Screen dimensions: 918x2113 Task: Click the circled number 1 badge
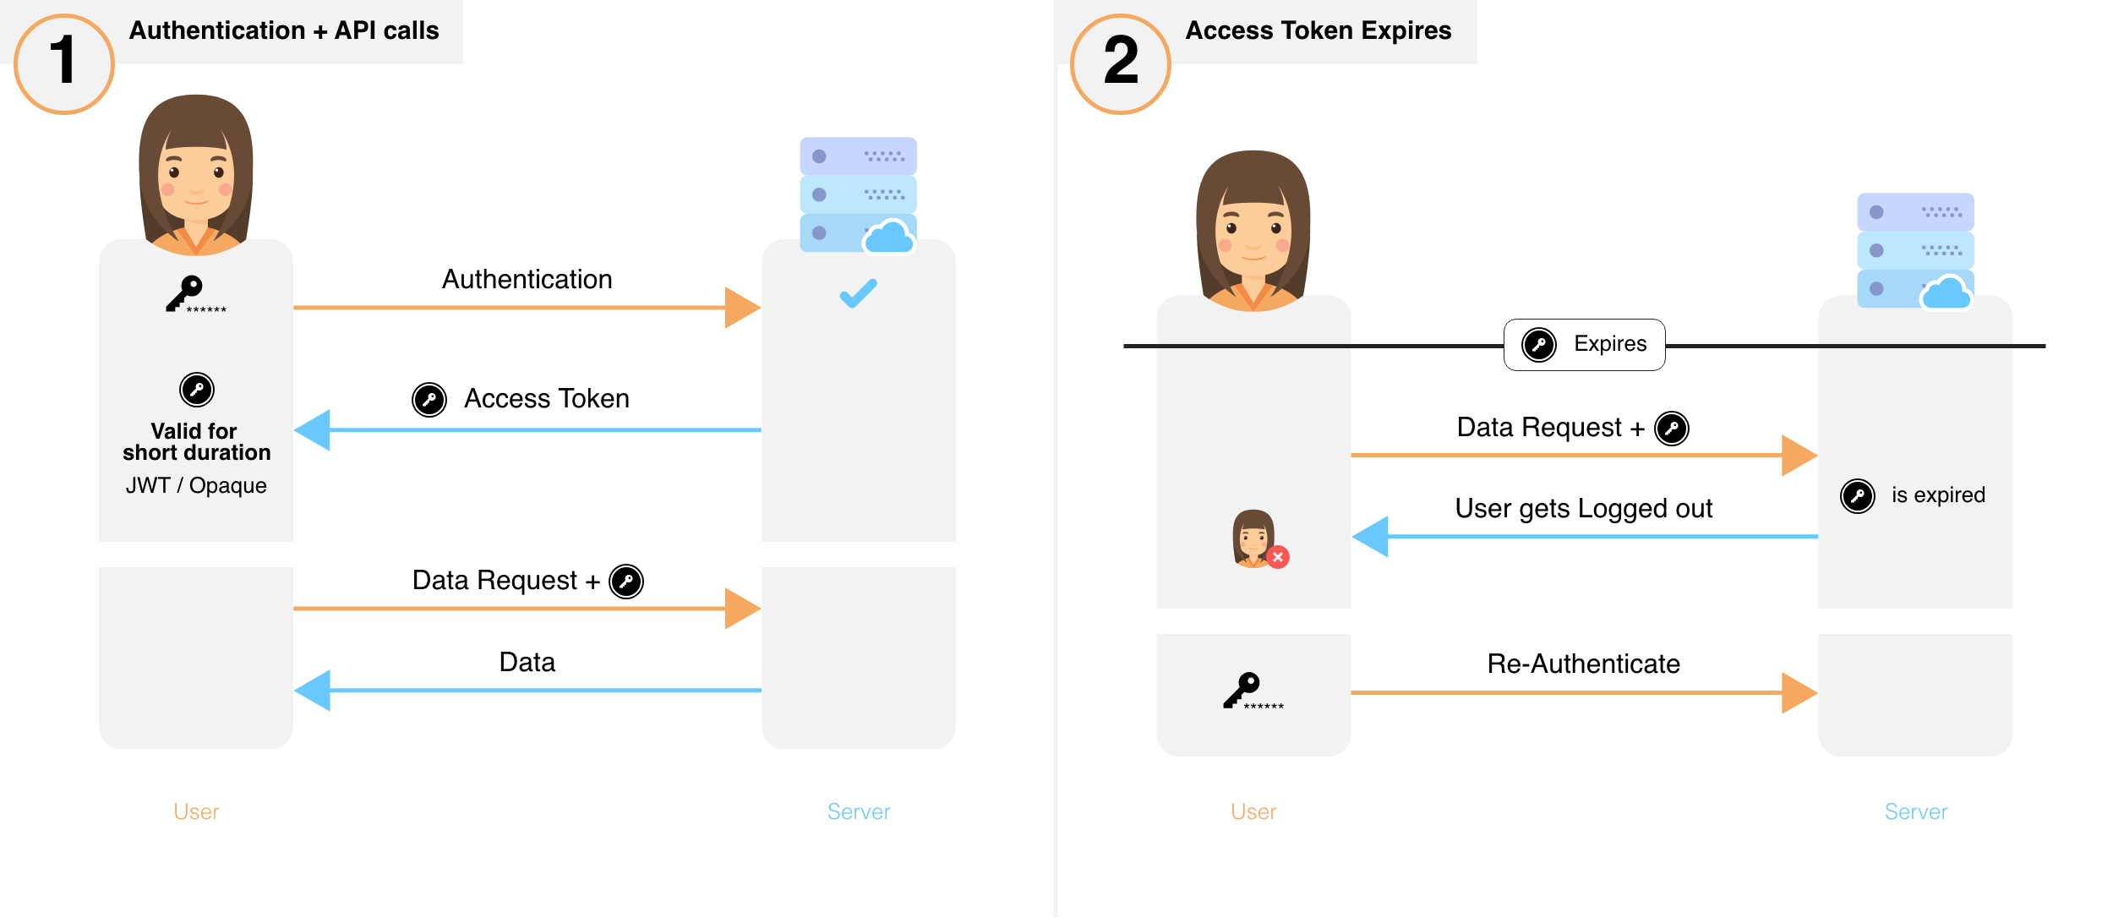point(64,63)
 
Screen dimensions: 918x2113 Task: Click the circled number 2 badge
point(1121,63)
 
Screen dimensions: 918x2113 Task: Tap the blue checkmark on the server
point(858,293)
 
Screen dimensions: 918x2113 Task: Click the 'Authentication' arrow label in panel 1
point(527,280)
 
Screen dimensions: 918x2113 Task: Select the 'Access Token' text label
point(546,398)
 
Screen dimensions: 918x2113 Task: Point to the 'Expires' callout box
point(1584,344)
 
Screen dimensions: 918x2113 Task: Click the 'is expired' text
point(1937,495)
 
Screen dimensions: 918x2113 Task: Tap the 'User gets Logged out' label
point(1583,508)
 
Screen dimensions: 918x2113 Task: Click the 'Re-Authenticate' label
point(1583,664)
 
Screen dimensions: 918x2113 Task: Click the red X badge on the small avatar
point(1278,557)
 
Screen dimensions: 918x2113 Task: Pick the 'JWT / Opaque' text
point(196,485)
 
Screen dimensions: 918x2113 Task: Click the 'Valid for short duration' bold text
point(196,442)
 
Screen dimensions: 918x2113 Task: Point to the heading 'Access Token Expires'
point(1318,30)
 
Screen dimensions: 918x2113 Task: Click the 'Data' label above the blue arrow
point(527,662)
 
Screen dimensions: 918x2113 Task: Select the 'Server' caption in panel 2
point(1915,811)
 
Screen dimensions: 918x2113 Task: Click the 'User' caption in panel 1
point(196,811)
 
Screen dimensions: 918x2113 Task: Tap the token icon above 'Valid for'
point(197,390)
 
